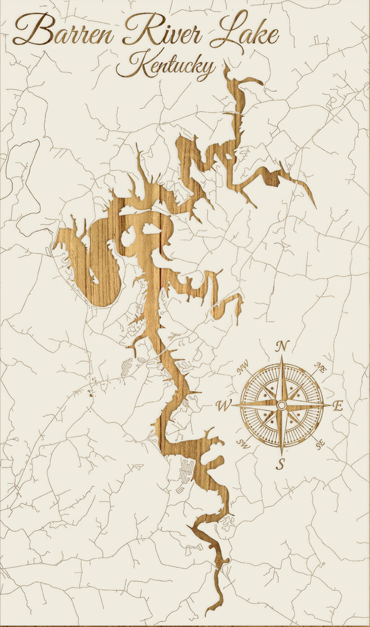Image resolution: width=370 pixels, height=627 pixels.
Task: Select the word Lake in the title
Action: point(247,32)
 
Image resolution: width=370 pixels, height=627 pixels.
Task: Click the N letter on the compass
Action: point(282,346)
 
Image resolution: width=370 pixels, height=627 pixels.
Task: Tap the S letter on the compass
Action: point(281,464)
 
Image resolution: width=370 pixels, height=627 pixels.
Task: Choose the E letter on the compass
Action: point(338,406)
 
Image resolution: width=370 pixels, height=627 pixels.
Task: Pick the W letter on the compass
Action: point(224,406)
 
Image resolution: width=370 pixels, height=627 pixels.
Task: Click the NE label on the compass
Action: point(321,368)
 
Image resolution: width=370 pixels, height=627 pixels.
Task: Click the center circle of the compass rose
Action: point(281,405)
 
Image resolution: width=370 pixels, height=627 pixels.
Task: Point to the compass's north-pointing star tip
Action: point(282,357)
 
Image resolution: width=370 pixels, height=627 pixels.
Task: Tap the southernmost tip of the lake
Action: point(207,615)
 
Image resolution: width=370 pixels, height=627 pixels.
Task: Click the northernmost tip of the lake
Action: point(225,63)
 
